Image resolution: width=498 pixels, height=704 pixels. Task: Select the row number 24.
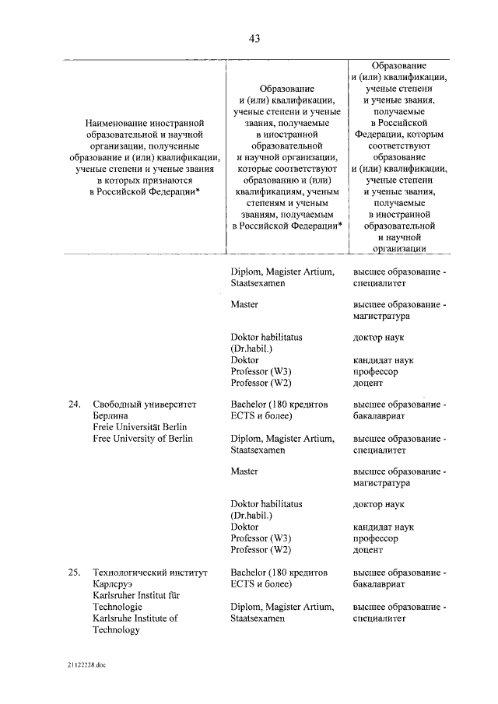pyautogui.click(x=74, y=405)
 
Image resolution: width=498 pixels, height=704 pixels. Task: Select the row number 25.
pyautogui.click(x=74, y=573)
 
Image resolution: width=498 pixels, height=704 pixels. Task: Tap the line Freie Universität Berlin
pyautogui.click(x=139, y=426)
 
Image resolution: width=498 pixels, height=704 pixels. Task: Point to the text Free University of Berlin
pyautogui.click(x=142, y=438)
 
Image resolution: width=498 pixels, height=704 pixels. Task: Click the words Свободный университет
pyautogui.click(x=146, y=405)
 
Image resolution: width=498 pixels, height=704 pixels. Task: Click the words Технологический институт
pyautogui.click(x=150, y=573)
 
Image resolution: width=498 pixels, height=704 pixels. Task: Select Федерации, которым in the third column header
pyautogui.click(x=398, y=134)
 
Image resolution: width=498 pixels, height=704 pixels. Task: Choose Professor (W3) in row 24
pyautogui.click(x=261, y=538)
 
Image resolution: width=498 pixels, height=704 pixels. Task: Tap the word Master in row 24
pyautogui.click(x=244, y=471)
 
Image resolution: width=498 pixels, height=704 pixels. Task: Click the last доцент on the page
pyautogui.click(x=368, y=550)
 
